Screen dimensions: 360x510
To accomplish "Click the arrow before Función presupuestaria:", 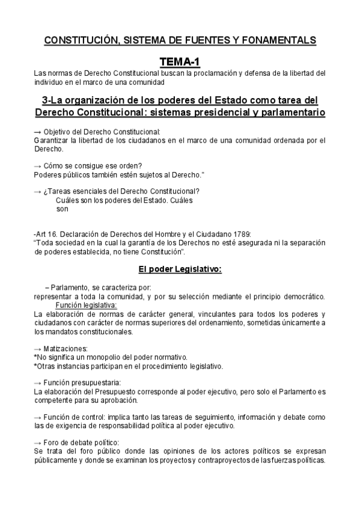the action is click(x=38, y=382).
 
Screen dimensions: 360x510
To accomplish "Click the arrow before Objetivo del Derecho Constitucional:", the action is click(x=38, y=131).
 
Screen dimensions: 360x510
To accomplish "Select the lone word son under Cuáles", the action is click(x=62, y=209).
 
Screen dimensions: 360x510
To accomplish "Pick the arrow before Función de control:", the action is click(x=38, y=417).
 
